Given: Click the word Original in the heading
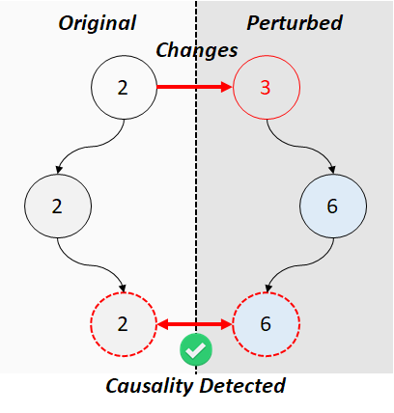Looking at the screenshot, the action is (x=98, y=23).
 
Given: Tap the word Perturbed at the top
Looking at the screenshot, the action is (x=295, y=23).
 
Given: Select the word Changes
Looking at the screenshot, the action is (x=197, y=50).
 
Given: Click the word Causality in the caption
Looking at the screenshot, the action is (x=149, y=386).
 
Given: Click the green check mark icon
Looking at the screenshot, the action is (x=196, y=349).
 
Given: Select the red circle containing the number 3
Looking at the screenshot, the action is (x=267, y=87).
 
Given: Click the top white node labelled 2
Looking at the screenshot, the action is (x=124, y=87).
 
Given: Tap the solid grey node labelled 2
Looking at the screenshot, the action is (x=58, y=206).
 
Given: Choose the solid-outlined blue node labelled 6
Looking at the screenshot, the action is (x=333, y=206).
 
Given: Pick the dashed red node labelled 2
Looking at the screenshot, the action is (x=124, y=324).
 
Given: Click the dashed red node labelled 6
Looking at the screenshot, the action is (x=267, y=324).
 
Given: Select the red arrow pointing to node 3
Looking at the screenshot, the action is (x=194, y=87).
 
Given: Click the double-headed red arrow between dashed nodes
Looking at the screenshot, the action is (x=194, y=324).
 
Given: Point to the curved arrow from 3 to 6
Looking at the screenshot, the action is (x=299, y=147).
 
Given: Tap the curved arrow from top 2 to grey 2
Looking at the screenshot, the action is (x=91, y=147).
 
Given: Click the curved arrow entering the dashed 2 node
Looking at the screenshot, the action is (x=91, y=265).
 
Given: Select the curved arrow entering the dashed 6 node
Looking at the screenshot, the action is (x=299, y=265).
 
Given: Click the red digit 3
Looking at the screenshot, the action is (x=266, y=88).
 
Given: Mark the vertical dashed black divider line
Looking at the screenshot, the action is (x=196, y=187).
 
